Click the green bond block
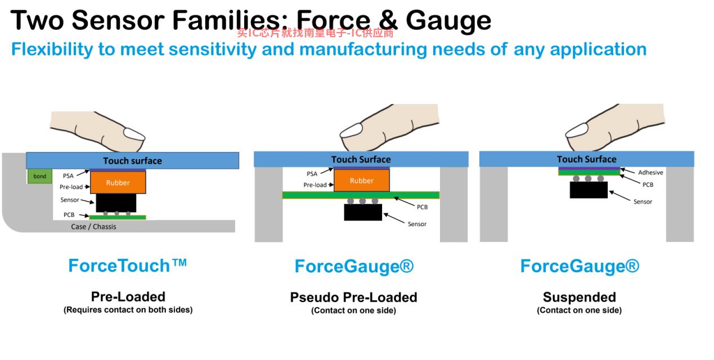(39, 177)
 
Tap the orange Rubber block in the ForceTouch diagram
(118, 182)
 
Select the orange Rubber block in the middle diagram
(361, 181)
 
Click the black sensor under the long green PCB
(362, 213)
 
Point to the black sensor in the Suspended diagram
(589, 190)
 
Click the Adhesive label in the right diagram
(650, 173)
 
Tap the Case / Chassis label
(93, 227)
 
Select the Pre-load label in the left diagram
(71, 187)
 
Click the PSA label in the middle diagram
(312, 174)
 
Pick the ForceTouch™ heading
(127, 265)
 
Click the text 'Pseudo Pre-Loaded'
(353, 297)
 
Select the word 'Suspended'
(579, 297)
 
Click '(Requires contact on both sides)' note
(128, 310)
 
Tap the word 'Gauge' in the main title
(448, 20)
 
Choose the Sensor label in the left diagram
(70, 200)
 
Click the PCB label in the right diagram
(648, 184)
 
